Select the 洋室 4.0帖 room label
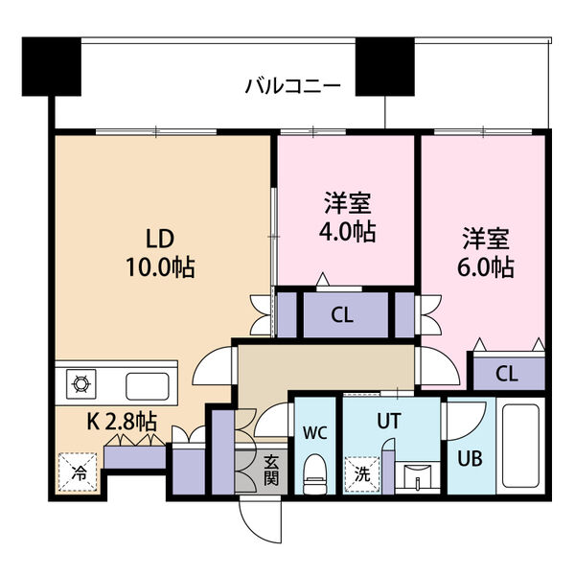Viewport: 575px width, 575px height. [x=347, y=218]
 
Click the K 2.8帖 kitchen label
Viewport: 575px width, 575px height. [x=124, y=420]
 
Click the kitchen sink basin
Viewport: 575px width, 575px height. [x=147, y=385]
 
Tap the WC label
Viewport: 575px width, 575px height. [x=315, y=431]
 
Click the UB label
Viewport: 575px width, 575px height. [x=468, y=456]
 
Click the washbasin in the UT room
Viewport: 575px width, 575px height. [x=416, y=475]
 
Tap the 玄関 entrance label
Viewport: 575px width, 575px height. [x=272, y=470]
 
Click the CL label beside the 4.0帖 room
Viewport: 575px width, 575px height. [x=341, y=314]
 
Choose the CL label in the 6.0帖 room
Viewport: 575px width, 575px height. [x=507, y=373]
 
